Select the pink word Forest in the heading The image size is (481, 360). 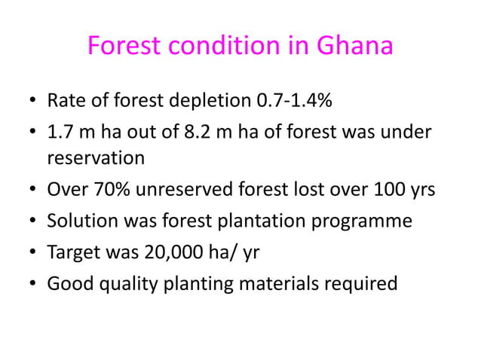(122, 47)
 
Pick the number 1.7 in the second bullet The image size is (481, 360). (60, 133)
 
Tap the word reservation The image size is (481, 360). (95, 159)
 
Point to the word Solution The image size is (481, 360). (78, 221)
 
